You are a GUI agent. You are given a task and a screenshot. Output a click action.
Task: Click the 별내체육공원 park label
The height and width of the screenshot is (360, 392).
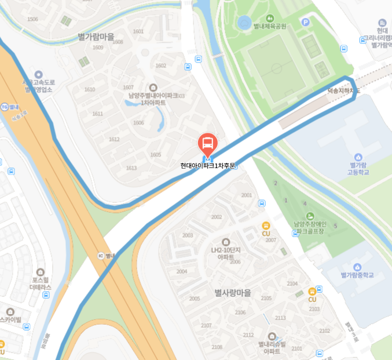(x=270, y=26)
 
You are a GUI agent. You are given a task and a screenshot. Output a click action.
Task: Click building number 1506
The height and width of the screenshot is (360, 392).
(x=32, y=19)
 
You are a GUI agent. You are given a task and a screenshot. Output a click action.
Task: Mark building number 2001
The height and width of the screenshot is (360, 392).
(x=247, y=195)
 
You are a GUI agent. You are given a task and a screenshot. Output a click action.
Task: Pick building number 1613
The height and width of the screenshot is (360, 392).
(x=131, y=168)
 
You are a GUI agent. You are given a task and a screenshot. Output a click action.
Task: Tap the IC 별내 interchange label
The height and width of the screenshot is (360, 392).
(x=107, y=255)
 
